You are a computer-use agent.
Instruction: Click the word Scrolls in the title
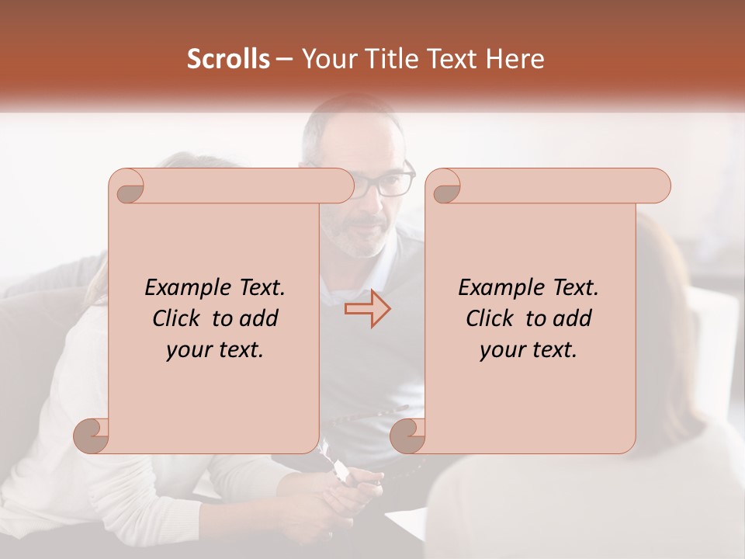[228, 59]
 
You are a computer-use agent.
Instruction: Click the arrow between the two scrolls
[367, 309]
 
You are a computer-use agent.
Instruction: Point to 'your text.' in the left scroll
[215, 350]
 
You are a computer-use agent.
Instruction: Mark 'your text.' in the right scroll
[528, 350]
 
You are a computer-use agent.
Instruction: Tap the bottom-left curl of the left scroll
[92, 436]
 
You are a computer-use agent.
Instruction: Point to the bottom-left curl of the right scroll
[407, 436]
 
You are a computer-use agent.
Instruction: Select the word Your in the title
[325, 59]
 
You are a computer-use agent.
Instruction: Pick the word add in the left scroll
[258, 318]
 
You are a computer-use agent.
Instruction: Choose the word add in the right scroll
[571, 318]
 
